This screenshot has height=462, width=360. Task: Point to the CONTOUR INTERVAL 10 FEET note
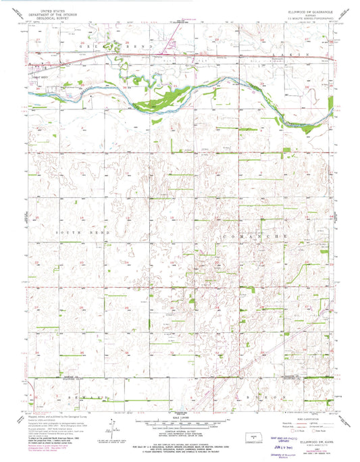point(180,414)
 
